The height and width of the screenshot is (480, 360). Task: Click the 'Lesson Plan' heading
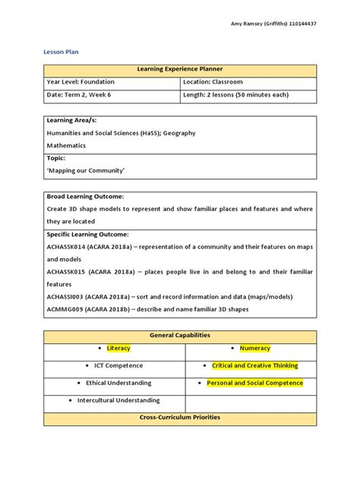coord(63,52)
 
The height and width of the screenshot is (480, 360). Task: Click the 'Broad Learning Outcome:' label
coord(85,196)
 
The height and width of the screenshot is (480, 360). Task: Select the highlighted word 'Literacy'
coord(118,349)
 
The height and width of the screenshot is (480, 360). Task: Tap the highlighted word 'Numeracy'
coord(255,349)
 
